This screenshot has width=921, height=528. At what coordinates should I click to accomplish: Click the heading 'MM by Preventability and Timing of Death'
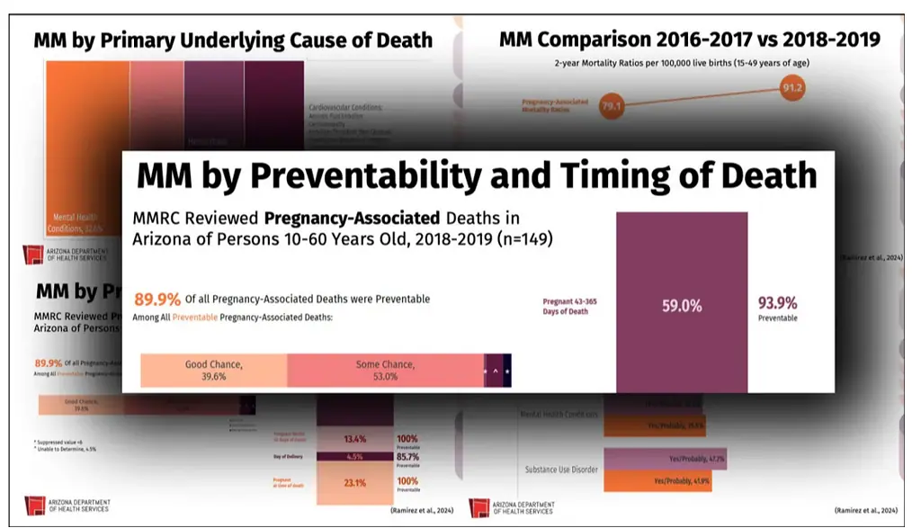[x=477, y=175]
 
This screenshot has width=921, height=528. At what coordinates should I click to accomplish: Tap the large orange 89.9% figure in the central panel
[x=157, y=300]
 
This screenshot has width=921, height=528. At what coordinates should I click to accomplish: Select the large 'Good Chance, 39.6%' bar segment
[x=213, y=370]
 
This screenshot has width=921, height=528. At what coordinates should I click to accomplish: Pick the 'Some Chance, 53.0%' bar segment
[x=385, y=370]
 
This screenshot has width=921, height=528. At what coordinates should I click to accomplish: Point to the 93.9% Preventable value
[x=777, y=303]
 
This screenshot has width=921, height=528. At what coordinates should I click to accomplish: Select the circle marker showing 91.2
[x=793, y=88]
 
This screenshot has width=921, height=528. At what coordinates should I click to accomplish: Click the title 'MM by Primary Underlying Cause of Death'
[x=233, y=40]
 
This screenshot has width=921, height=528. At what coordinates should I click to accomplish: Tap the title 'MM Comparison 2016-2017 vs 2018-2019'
[x=689, y=39]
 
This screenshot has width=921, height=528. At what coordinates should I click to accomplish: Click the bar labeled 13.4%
[x=353, y=439]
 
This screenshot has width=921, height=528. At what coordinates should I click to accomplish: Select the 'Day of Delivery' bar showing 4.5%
[x=353, y=457]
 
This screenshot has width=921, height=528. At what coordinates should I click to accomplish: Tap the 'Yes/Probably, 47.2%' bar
[x=664, y=459]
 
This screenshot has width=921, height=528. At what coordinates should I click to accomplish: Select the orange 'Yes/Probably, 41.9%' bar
[x=664, y=481]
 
